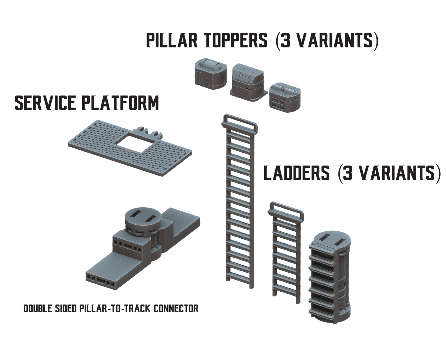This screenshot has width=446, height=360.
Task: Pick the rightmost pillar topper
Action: point(285,96)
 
